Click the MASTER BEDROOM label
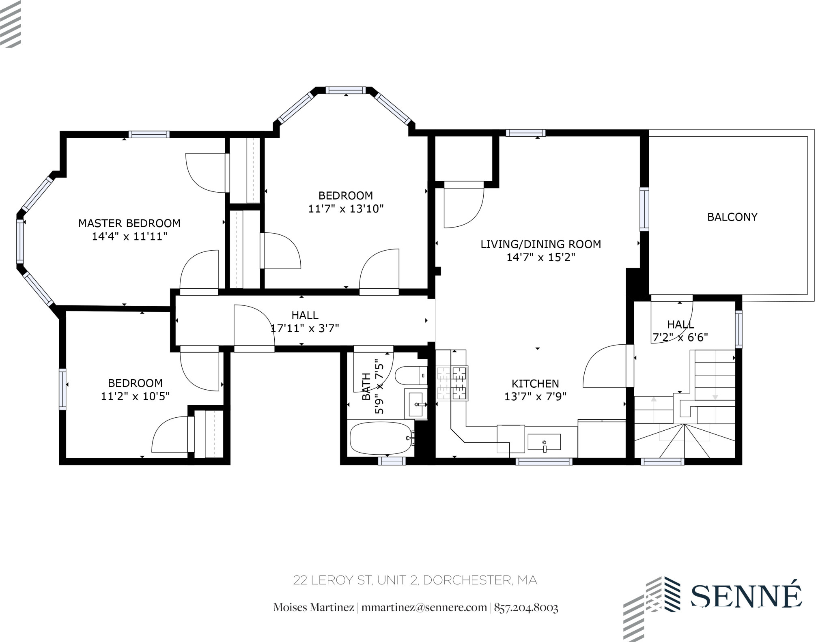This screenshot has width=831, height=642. pos(129,223)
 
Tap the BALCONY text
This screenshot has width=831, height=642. pos(732,217)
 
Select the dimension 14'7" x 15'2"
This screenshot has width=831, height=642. pos(540,257)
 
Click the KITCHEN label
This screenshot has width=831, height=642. pos(535,383)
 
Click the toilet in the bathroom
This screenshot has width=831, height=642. pos(410,376)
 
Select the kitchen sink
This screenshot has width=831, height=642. pos(544,442)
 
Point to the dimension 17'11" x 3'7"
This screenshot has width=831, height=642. pos(305,328)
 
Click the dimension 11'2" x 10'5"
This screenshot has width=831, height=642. pos(135,396)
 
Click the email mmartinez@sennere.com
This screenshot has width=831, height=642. pos(424,608)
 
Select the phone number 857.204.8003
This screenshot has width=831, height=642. pos(526,608)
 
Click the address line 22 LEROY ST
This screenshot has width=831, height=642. pos(415,580)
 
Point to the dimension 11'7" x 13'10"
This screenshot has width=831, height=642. pos(346,209)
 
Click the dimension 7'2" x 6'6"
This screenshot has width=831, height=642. pos(680,337)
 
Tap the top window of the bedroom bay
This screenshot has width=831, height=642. pos(346,90)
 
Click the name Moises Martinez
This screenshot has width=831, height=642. pos(313,608)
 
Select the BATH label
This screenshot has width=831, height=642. pos(366,386)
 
